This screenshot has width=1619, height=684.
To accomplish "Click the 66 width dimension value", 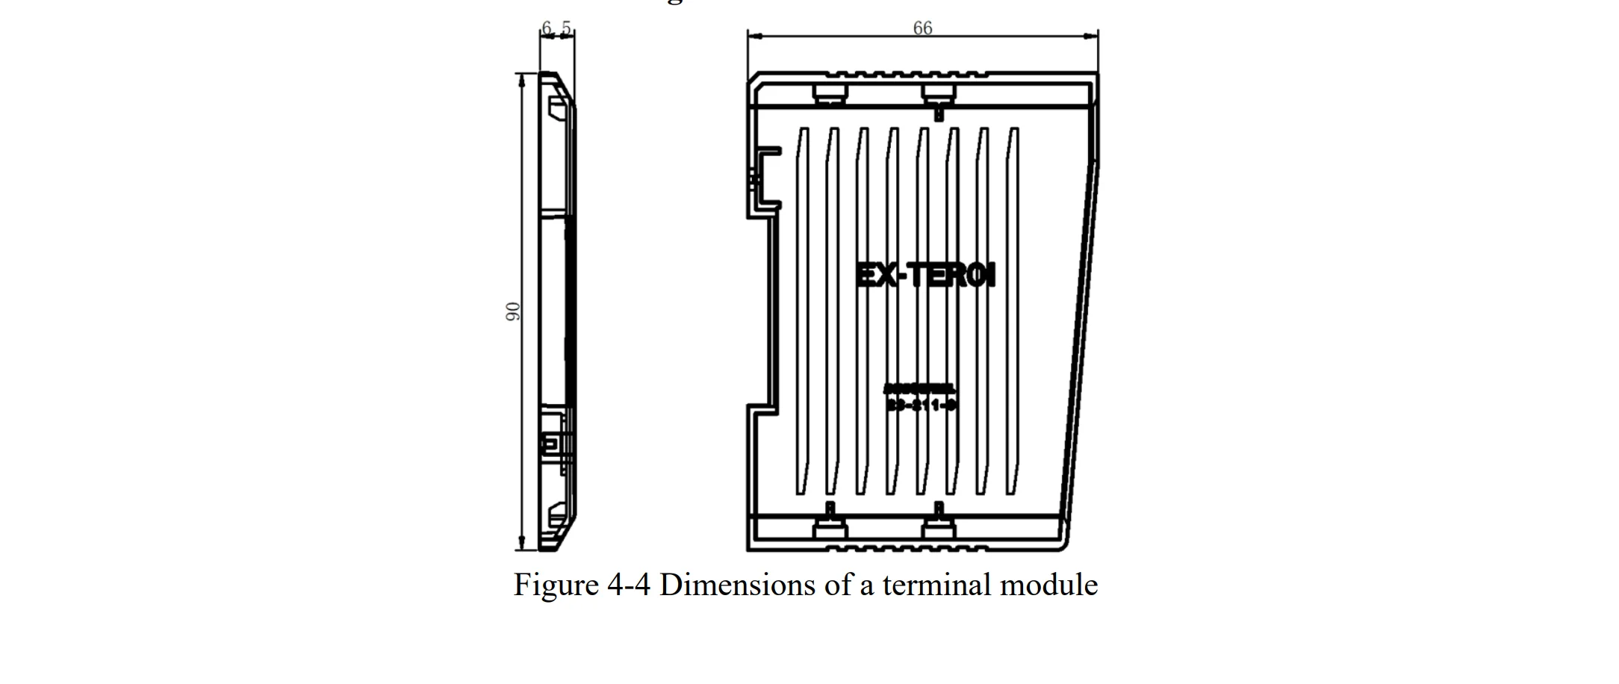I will tap(922, 28).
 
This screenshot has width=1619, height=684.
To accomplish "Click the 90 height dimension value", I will tap(513, 311).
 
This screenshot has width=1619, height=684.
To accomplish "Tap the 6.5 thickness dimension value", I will tap(556, 28).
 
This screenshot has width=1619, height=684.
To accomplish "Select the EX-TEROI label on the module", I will tap(926, 276).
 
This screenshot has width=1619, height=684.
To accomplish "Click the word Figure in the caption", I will tap(556, 585).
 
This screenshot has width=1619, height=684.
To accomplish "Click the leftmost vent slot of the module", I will tap(802, 311).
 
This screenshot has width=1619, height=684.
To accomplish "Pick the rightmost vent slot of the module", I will tap(1013, 311).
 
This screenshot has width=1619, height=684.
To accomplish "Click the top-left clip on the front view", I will tap(830, 93).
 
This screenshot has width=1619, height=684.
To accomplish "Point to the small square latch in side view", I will tap(548, 444).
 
